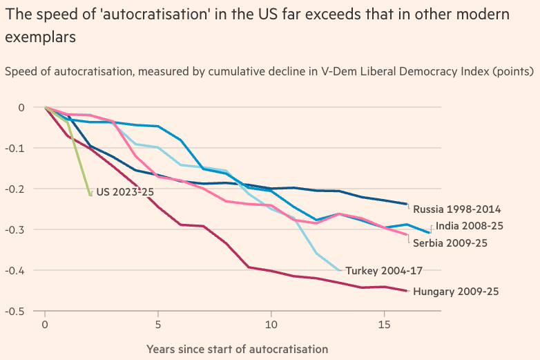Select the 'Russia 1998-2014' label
point(457,209)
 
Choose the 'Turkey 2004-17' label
point(384,270)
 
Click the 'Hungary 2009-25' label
point(456,292)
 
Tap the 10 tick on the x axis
point(271,324)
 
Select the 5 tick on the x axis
point(158,324)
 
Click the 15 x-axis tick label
point(384,324)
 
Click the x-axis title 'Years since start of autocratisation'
point(237,349)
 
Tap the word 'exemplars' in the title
point(40,38)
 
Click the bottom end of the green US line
point(90,196)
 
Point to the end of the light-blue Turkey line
point(339,270)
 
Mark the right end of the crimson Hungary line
point(407,291)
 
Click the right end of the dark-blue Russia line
point(407,204)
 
